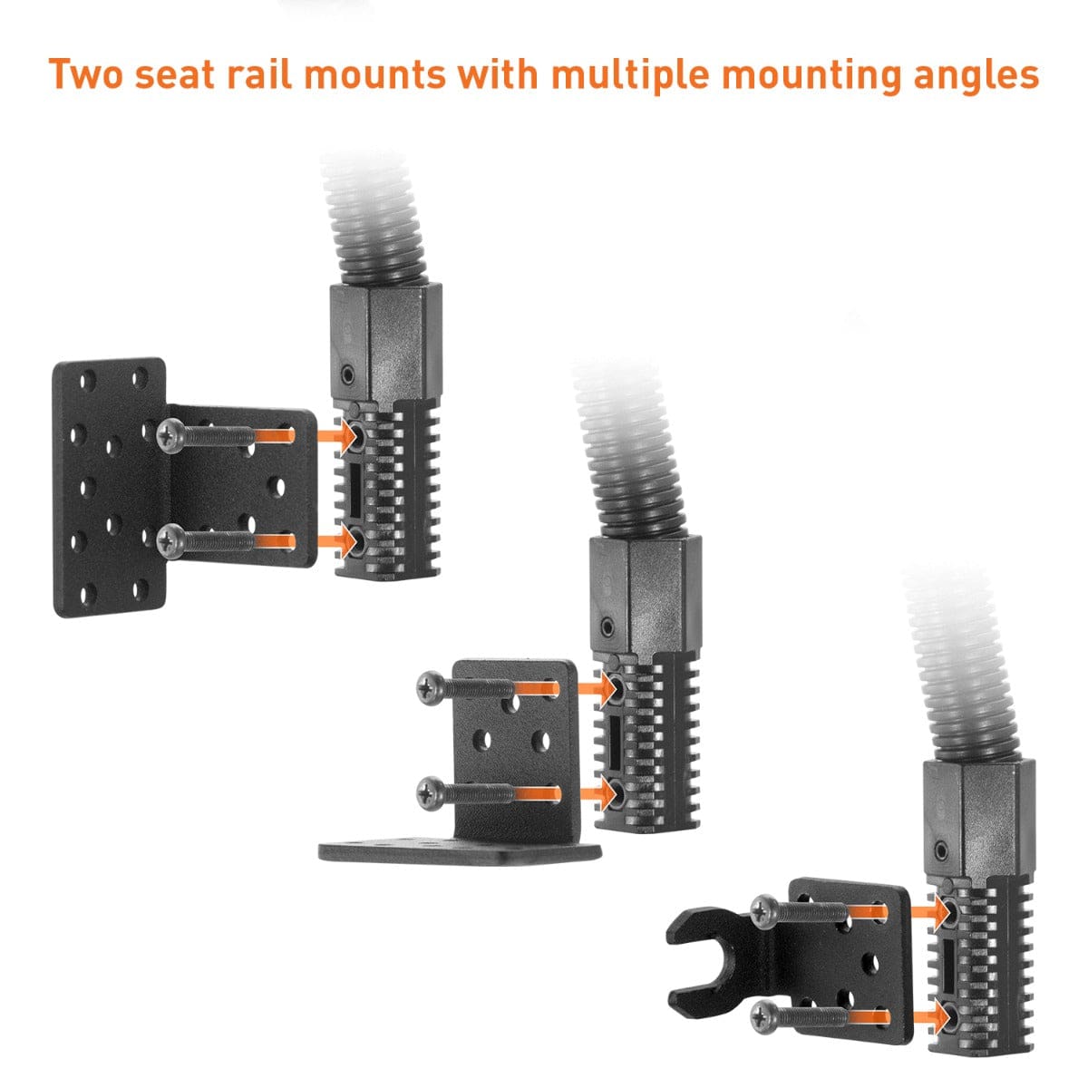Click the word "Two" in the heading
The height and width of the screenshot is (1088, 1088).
85,73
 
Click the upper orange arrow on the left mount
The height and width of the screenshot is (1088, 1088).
335,436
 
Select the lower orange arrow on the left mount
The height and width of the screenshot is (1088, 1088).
335,542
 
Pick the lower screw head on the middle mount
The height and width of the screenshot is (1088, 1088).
427,794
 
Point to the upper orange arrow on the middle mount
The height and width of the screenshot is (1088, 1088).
595,688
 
